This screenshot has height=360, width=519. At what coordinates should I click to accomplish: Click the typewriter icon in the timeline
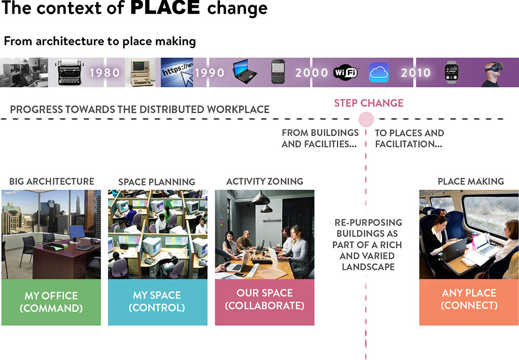coord(70,73)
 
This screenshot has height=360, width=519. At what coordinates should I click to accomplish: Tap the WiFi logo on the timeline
coord(346,72)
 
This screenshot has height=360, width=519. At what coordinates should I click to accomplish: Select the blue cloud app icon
coord(379,72)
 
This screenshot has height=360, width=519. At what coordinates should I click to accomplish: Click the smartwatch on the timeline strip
coord(452,72)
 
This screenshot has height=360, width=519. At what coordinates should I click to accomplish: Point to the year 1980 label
coord(105,73)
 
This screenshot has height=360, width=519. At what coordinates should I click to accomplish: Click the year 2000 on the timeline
coord(311,73)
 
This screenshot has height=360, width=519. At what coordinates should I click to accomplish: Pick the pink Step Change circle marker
coord(366,119)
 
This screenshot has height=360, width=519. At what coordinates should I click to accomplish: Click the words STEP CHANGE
coord(368,103)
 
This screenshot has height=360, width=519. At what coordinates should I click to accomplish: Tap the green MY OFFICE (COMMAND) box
coord(51,302)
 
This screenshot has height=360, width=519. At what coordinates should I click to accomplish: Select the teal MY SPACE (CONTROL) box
coord(158,302)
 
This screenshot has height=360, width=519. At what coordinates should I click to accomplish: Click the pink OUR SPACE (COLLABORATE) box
coord(265,302)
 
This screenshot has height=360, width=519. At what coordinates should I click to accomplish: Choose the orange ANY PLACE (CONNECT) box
coord(469,302)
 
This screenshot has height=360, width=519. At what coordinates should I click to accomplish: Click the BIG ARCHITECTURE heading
coord(51,181)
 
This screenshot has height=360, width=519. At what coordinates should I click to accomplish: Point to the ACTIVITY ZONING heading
coord(265,181)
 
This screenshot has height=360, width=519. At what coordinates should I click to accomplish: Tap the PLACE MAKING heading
coord(471,181)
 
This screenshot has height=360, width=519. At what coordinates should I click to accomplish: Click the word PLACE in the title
coord(165,7)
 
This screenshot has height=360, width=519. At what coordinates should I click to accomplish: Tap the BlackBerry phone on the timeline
coord(278,72)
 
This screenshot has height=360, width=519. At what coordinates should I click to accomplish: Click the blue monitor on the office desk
coord(77,233)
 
